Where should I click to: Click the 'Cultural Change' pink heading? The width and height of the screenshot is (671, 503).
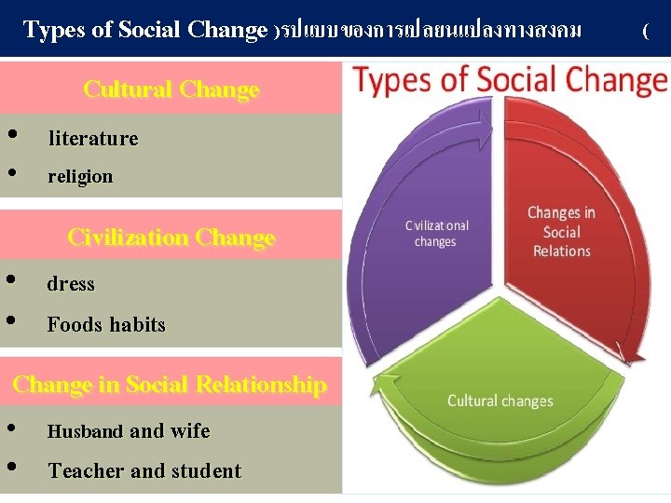tap(171, 89)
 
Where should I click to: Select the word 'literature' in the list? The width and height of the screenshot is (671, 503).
tap(93, 139)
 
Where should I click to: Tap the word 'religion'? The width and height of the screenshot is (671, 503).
tap(80, 176)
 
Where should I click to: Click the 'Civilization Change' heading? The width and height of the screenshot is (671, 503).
tap(171, 238)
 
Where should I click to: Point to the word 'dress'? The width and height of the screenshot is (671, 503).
tap(71, 284)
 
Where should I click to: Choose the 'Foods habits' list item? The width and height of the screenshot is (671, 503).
tap(106, 325)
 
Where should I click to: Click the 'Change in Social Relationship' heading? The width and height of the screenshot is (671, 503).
tap(170, 385)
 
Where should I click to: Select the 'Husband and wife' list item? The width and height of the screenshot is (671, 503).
tap(129, 431)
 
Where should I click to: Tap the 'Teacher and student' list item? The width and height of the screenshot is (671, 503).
tap(144, 471)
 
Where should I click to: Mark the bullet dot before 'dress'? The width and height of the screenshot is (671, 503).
tap(10, 279)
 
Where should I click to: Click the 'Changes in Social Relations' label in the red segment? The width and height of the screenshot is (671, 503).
tap(561, 232)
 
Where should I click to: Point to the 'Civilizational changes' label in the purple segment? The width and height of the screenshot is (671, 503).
tap(437, 234)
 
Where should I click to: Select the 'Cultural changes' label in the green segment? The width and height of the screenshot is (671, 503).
tap(500, 401)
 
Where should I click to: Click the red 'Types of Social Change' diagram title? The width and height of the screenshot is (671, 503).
tap(511, 82)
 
